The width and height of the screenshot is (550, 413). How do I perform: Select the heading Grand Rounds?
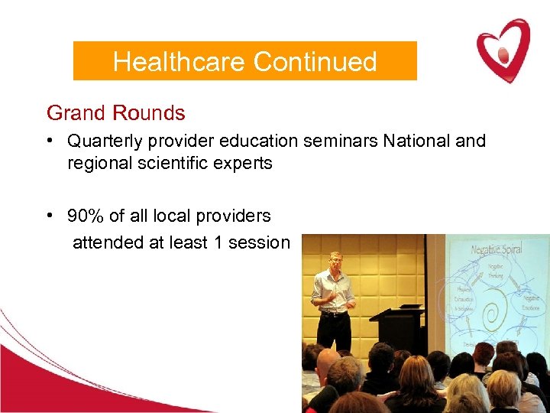[x=115, y=113]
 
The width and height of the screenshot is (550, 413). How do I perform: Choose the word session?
[x=261, y=243]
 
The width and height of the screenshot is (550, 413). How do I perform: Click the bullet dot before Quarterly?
[x=49, y=141]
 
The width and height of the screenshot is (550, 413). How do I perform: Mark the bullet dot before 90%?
[x=49, y=216]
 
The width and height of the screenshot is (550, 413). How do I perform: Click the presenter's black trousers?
[x=333, y=330]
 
